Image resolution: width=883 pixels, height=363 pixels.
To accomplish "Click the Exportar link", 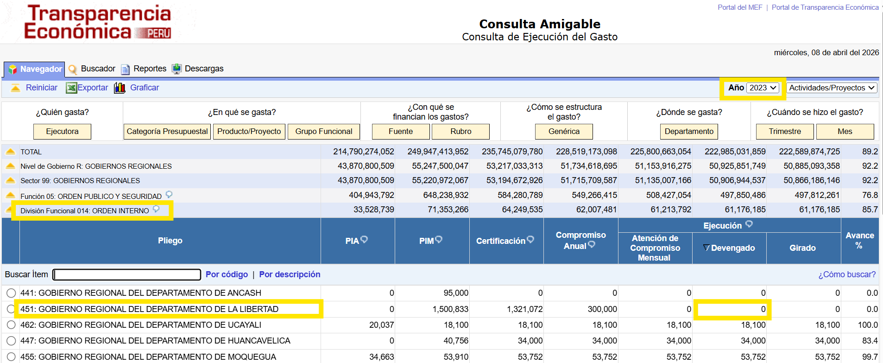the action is (x=93, y=88).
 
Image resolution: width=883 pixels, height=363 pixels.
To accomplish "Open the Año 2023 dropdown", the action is (x=763, y=88).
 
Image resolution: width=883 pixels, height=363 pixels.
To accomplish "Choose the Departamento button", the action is (x=689, y=131).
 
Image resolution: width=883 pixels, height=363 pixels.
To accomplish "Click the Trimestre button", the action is (x=785, y=131).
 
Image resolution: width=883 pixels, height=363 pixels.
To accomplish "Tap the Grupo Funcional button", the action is (x=324, y=131).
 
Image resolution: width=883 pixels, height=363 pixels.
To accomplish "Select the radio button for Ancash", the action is (x=11, y=293).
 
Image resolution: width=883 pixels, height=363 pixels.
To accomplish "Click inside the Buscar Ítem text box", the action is (x=127, y=274).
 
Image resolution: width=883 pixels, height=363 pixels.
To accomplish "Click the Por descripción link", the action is (x=290, y=274).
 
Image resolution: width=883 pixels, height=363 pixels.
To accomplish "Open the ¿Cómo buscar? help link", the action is (x=847, y=274).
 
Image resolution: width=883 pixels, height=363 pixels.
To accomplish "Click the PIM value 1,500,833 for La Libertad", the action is (x=450, y=309).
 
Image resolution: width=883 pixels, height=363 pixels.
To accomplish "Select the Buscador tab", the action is (x=98, y=69).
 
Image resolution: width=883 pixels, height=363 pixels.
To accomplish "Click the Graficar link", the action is (x=145, y=88).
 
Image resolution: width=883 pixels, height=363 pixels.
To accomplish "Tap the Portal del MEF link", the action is (x=740, y=7).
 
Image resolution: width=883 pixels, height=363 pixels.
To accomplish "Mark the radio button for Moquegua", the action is (x=11, y=357).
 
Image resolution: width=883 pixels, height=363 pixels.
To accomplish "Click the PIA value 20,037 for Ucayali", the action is (x=381, y=325).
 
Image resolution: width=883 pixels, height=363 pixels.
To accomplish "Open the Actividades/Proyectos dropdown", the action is (x=832, y=88).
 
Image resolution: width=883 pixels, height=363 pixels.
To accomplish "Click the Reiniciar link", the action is (x=42, y=88).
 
